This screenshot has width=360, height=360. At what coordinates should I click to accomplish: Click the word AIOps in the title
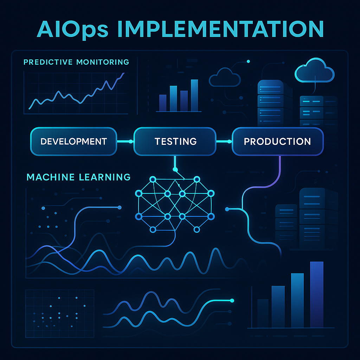(x=72, y=30)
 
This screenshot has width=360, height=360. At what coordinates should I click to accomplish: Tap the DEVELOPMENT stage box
(x=74, y=141)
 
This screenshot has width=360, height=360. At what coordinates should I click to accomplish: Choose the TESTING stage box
(x=175, y=141)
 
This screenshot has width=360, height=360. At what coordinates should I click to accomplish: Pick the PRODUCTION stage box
(x=278, y=141)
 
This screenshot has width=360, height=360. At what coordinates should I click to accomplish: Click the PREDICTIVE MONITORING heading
(x=76, y=62)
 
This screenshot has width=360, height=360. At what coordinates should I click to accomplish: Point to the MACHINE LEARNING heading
(x=78, y=177)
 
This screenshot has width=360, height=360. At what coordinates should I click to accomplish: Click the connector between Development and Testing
(x=125, y=141)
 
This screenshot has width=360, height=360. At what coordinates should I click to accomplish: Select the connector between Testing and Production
(x=224, y=141)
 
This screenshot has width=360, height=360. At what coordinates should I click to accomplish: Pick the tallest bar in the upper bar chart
(x=194, y=95)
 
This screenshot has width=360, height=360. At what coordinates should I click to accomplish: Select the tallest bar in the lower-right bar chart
(x=317, y=295)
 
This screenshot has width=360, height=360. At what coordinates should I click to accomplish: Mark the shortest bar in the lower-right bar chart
(x=263, y=313)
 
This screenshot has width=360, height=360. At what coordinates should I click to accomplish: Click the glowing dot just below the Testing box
(x=175, y=170)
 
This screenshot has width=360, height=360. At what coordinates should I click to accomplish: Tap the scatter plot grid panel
(x=60, y=314)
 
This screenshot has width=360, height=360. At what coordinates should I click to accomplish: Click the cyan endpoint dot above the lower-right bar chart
(x=232, y=301)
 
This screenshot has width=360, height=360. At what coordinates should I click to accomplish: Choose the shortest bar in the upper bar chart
(x=163, y=103)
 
